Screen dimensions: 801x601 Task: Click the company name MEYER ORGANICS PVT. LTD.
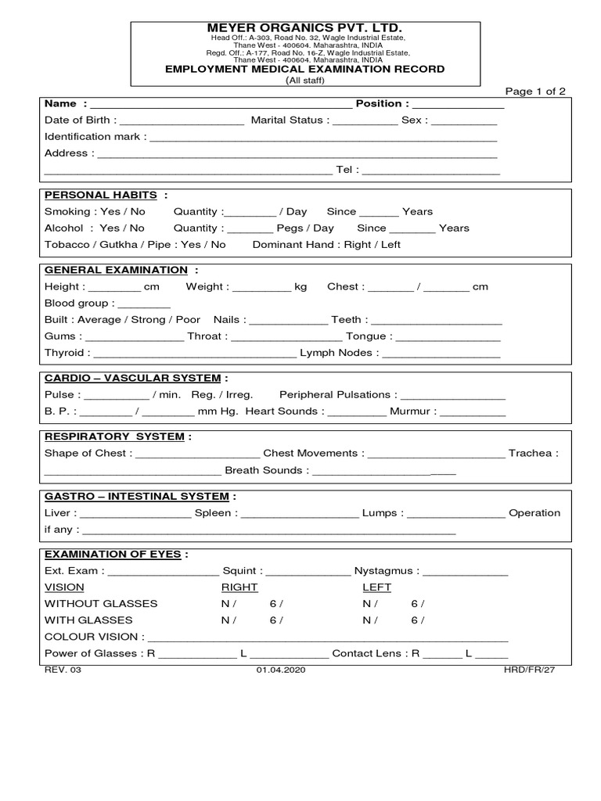pyautogui.click(x=304, y=28)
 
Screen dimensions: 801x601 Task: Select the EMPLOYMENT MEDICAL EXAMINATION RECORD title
pyautogui.click(x=304, y=69)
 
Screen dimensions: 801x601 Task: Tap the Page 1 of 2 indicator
pyautogui.click(x=535, y=92)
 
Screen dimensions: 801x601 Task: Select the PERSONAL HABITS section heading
pyautogui.click(x=100, y=195)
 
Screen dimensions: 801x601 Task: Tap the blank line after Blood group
pyautogui.click(x=144, y=304)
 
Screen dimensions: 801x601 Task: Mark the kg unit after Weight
pyautogui.click(x=300, y=287)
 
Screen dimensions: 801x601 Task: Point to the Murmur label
pyautogui.click(x=413, y=411)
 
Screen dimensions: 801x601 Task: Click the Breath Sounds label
pyautogui.click(x=263, y=471)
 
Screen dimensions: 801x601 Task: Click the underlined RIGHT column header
pyautogui.click(x=239, y=587)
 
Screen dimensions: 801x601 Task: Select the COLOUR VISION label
pyautogui.click(x=91, y=637)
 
